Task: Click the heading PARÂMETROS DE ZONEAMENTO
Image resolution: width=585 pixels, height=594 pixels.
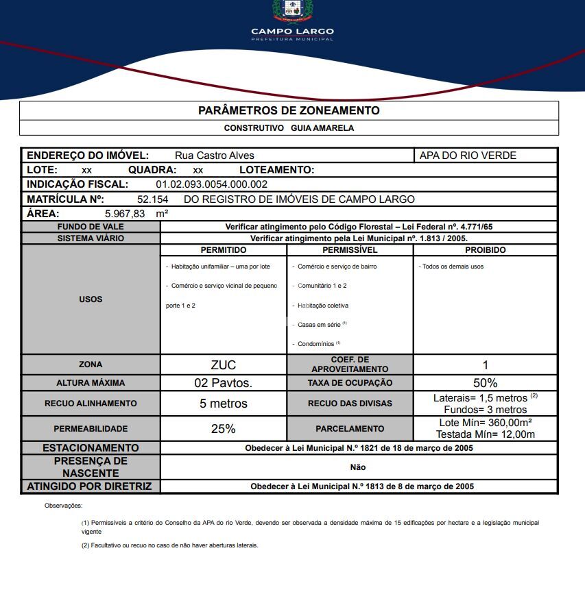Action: click(x=289, y=110)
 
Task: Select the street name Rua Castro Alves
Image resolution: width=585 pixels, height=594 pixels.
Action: click(x=215, y=156)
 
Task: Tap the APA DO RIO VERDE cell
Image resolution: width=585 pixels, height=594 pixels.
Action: click(x=468, y=156)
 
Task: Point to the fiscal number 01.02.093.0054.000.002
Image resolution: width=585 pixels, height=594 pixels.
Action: click(x=211, y=184)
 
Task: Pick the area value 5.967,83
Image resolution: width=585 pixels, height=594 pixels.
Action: click(x=125, y=214)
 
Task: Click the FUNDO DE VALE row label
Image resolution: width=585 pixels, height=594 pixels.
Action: click(x=91, y=227)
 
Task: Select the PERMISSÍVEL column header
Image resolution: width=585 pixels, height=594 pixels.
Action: click(x=350, y=250)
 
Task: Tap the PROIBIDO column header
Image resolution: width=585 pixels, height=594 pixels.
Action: click(x=485, y=250)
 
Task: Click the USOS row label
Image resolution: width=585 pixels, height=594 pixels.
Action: click(x=91, y=299)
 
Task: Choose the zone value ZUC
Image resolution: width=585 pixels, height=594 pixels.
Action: click(x=224, y=364)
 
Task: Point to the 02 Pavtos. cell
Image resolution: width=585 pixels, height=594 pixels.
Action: click(x=224, y=383)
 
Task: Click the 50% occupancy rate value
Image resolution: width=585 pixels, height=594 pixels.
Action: click(x=485, y=383)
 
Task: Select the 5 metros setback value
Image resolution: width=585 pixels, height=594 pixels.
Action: click(x=224, y=404)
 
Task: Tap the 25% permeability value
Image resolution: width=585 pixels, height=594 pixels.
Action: click(x=224, y=429)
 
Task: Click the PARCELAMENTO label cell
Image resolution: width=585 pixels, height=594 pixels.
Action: click(x=350, y=429)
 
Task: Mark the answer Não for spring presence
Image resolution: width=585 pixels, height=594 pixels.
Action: click(x=358, y=467)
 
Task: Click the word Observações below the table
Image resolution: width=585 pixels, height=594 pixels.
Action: click(x=63, y=506)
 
